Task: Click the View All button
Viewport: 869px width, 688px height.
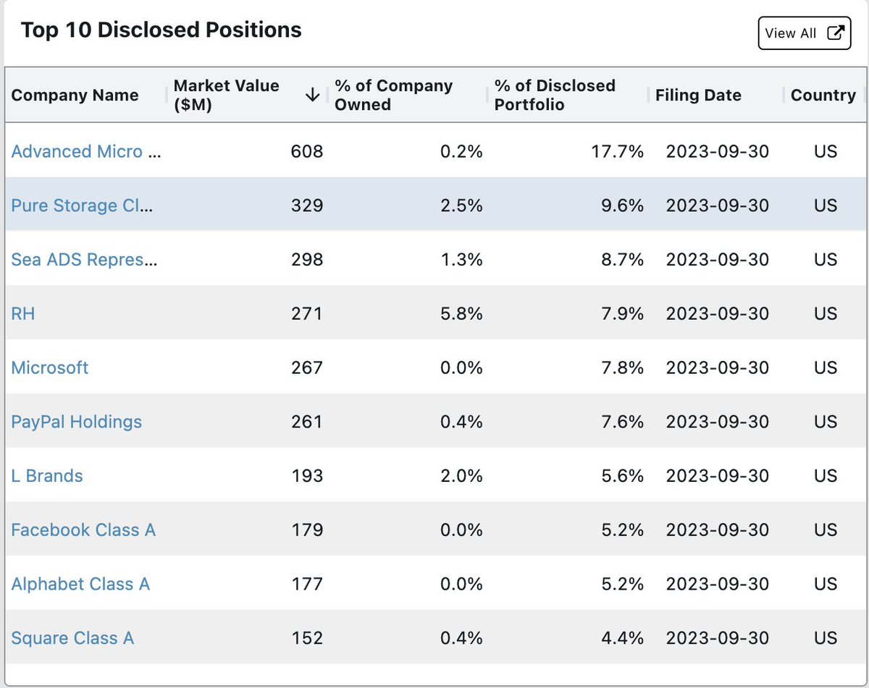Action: [x=804, y=33]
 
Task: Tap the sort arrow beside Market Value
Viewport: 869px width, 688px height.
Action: [x=312, y=95]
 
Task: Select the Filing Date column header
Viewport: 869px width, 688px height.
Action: [x=698, y=95]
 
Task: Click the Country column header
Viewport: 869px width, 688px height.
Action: [x=823, y=95]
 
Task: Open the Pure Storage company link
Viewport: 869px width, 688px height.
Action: [x=82, y=205]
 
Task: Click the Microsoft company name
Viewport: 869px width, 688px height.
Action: [x=50, y=368]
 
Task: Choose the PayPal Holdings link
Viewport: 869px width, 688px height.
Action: [x=76, y=422]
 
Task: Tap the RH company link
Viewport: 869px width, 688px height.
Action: [x=23, y=313]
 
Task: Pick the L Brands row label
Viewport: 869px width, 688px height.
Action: [x=47, y=476]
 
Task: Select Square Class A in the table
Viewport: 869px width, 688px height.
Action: [x=72, y=638]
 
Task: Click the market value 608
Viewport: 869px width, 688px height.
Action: [x=307, y=151]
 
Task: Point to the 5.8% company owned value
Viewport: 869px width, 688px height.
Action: [x=461, y=313]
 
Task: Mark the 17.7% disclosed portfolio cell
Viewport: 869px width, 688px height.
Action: [x=618, y=151]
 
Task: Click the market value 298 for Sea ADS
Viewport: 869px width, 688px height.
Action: [x=307, y=260]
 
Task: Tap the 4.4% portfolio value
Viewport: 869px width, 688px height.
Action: [x=622, y=638]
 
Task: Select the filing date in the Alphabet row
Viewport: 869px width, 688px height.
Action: [x=718, y=584]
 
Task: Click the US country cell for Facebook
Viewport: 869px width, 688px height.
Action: [x=826, y=530]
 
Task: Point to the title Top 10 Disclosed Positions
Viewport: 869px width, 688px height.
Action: [x=161, y=30]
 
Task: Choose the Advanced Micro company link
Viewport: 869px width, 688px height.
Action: [x=86, y=151]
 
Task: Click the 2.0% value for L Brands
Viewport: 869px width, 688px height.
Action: [x=461, y=476]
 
